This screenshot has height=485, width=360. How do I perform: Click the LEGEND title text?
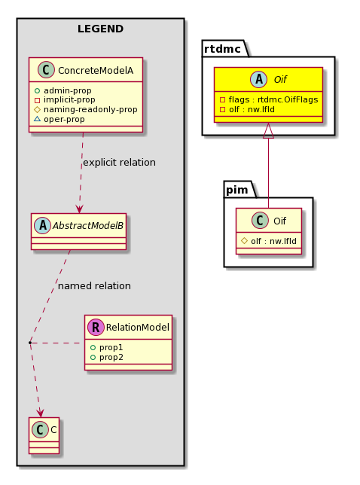click(x=100, y=29)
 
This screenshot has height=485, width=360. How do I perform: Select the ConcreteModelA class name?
click(x=96, y=71)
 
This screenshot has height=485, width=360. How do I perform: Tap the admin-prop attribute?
click(x=68, y=90)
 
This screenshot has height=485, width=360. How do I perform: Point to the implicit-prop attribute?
click(x=69, y=99)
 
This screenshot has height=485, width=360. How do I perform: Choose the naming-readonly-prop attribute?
click(x=90, y=109)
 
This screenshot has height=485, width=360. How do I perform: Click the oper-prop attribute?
click(x=64, y=120)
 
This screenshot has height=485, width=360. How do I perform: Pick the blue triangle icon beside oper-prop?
click(x=37, y=119)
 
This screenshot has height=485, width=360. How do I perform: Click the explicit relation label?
click(x=120, y=163)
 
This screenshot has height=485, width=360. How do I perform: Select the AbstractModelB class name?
click(x=88, y=225)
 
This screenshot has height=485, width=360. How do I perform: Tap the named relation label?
click(x=94, y=286)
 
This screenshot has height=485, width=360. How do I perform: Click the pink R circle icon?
click(x=96, y=328)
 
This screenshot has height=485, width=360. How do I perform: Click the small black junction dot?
click(x=29, y=343)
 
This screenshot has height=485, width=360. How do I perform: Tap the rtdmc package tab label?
click(x=222, y=49)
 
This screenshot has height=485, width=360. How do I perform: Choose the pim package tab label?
click(x=237, y=190)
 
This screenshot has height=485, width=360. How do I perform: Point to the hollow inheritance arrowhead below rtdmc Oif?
click(x=268, y=130)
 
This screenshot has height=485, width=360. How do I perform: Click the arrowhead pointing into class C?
click(x=40, y=413)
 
